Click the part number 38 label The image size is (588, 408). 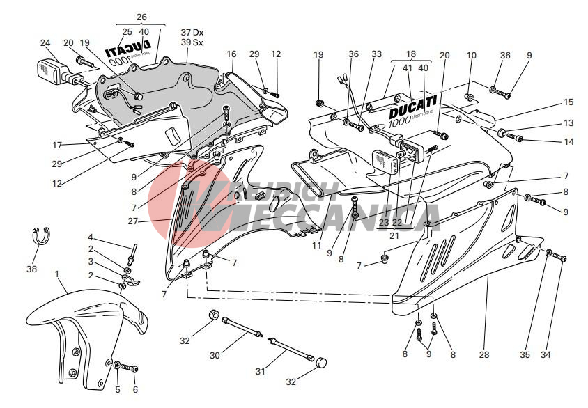32,269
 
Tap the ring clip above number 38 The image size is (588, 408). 42,237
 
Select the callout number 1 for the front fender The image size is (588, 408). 57,274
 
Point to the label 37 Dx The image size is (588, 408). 192,33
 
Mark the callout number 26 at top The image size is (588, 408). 141,17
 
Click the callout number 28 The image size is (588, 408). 484,354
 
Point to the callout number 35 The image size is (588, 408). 525,354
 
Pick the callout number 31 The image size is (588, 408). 260,372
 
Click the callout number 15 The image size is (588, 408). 568,102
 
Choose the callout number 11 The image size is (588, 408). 316,246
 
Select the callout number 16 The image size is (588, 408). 231,54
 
